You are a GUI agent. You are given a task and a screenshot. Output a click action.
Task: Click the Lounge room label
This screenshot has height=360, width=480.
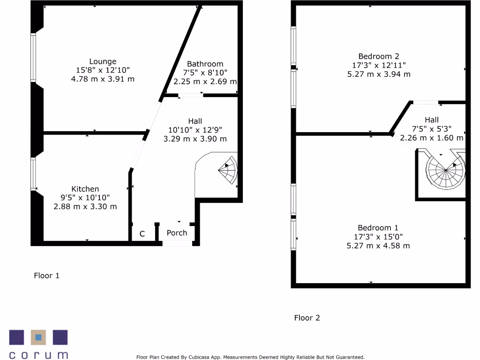point(103,61)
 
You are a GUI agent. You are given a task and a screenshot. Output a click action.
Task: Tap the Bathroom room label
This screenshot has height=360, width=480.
point(205,64)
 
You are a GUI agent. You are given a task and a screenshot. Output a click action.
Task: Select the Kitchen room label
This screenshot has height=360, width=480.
point(85,189)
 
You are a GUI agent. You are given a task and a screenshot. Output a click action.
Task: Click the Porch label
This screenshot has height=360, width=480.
point(177,233)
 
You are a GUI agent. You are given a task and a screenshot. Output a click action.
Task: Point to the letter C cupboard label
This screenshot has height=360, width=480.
point(142,233)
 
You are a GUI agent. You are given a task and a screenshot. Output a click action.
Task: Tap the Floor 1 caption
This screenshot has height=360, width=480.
point(46,276)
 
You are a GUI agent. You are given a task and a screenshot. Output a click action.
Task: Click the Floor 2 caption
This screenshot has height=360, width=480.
point(307,318)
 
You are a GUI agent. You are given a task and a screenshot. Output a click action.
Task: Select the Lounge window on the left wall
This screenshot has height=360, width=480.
point(33,57)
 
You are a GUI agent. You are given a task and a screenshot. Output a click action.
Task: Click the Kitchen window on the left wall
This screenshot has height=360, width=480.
point(33,173)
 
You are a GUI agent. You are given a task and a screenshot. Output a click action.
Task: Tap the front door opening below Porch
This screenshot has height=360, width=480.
point(177,243)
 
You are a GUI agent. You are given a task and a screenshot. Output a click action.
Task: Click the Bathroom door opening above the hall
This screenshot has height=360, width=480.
point(190,96)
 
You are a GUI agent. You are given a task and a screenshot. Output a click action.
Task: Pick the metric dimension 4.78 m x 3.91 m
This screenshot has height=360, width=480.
point(103,79)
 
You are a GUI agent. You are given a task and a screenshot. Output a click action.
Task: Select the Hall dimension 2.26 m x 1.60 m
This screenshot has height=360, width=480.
point(432,138)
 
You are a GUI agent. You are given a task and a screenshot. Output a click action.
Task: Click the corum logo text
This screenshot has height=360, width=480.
point(38,355)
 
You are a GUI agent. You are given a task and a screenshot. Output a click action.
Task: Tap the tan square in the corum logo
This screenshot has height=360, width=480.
point(38,337)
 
